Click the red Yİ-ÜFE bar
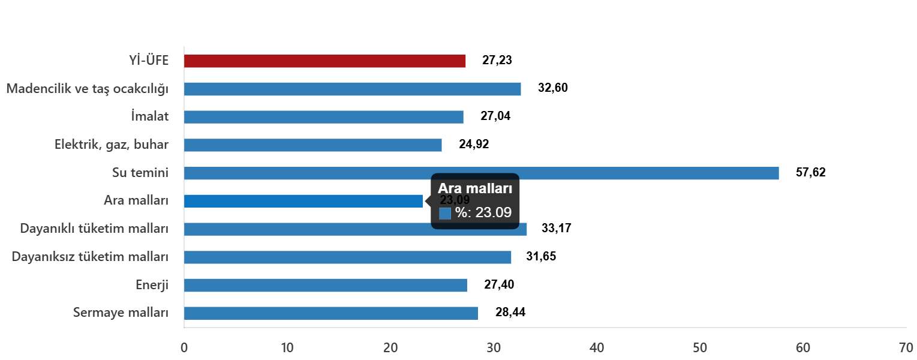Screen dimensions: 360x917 point(324,61)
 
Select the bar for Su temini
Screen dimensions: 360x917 point(481,173)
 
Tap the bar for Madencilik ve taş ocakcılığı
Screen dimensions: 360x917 point(352,89)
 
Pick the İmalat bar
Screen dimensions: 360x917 point(323,117)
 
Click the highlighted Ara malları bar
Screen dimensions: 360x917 point(303,201)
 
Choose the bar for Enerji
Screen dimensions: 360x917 point(325,285)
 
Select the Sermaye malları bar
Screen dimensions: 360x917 point(330,313)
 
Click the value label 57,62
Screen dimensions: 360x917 point(811,173)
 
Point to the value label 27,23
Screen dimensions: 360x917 point(497,61)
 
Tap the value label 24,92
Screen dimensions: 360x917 point(474,145)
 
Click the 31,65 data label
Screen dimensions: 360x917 point(541,257)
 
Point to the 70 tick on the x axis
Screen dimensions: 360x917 point(906,348)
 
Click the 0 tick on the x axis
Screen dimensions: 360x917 point(184,348)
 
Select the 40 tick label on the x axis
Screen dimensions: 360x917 point(597,348)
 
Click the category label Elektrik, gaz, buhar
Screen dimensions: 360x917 point(112,145)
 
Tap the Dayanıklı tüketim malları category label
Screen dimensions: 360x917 point(94,229)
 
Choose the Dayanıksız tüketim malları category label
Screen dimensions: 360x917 point(90,257)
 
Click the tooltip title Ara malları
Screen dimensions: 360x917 point(474,188)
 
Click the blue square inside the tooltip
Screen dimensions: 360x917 point(445,214)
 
